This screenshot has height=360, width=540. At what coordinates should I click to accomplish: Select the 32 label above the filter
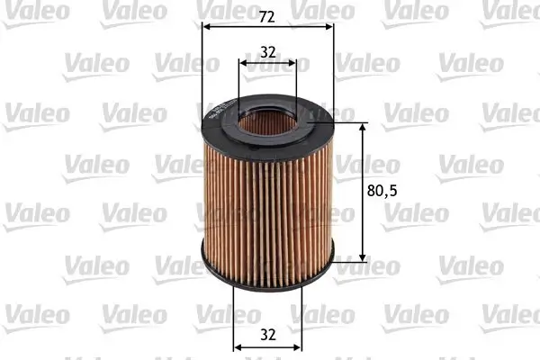coord(268,51)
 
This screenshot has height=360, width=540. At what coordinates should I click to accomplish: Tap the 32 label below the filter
coord(267,334)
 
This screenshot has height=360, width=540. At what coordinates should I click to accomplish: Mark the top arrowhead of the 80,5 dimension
coord(364,127)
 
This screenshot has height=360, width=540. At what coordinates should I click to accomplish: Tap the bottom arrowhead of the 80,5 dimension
coord(364,256)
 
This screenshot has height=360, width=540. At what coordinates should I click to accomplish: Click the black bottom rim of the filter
coord(268,270)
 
